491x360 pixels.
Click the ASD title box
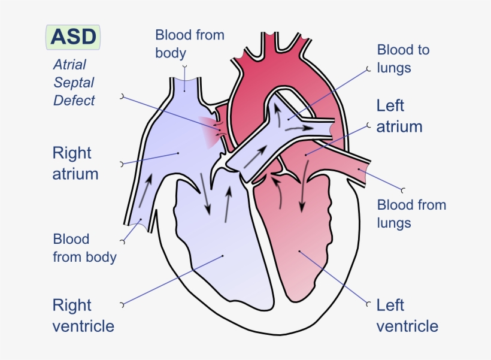[x=73, y=37]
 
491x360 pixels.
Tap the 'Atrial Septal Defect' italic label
[x=74, y=82]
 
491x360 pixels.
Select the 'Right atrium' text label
[x=75, y=164]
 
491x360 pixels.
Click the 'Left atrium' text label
[x=399, y=116]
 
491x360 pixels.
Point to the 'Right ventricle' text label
[x=83, y=316]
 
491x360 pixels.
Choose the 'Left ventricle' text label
[x=407, y=316]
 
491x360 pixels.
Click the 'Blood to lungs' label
[x=403, y=59]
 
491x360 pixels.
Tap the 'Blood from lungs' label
[x=411, y=214]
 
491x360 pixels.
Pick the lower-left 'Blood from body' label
[x=84, y=248]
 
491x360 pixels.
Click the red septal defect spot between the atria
[x=210, y=129]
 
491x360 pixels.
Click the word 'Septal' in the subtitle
[x=74, y=82]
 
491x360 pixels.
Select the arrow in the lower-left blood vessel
[x=145, y=192]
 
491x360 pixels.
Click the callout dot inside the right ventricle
[x=223, y=256]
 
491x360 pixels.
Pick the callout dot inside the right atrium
[x=178, y=153]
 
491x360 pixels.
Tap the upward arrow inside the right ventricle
[x=228, y=204]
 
